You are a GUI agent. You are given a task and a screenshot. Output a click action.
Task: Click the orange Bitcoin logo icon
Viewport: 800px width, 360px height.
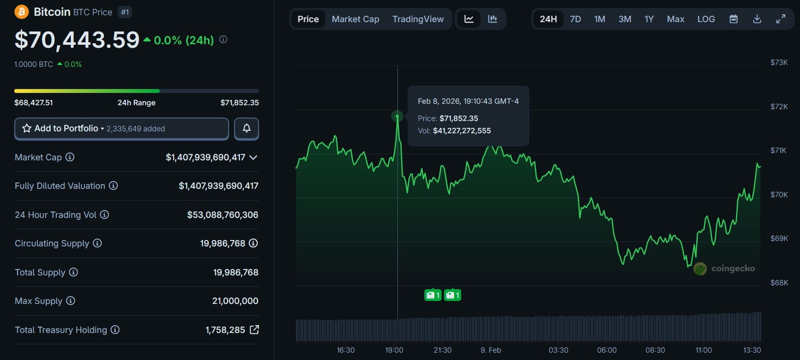pos(22,12)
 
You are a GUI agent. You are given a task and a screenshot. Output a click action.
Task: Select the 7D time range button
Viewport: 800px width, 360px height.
pos(575,19)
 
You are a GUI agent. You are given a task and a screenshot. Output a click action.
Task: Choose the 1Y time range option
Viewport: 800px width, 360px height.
pos(649,19)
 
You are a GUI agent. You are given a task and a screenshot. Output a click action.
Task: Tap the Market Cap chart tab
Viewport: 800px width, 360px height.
pos(356,19)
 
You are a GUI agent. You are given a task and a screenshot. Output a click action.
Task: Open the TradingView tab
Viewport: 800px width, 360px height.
pos(418,19)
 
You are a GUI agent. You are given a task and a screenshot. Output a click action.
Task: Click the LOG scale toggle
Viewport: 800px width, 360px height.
pos(706,19)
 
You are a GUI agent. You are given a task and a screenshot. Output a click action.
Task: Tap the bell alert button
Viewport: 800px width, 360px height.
pos(246,128)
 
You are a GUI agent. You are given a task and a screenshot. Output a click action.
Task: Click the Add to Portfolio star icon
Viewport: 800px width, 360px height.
pos(27,128)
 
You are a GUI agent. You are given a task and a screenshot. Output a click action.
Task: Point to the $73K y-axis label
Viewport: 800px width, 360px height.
pos(779,62)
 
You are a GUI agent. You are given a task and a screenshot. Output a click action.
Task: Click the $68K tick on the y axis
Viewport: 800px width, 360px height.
pos(779,283)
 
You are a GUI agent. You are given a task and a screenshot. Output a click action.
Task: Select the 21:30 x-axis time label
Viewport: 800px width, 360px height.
pos(443,350)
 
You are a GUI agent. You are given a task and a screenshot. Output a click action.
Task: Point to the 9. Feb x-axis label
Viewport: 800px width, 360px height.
pos(491,350)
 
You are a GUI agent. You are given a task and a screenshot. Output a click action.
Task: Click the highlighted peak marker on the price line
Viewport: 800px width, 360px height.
pos(397,117)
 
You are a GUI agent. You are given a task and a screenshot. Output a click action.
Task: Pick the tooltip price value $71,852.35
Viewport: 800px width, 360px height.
pos(459,119)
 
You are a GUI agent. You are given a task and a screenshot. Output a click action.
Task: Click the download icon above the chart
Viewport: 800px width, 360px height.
pos(757,19)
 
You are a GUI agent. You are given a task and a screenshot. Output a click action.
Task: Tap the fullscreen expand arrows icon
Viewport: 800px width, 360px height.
pos(781,19)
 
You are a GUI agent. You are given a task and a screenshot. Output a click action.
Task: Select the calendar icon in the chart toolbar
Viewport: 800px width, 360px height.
pos(733,19)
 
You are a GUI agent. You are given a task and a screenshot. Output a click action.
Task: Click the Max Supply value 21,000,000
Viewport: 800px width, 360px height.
pos(235,301)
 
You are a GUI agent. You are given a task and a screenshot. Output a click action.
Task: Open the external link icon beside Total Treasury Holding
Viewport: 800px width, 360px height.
pos(254,330)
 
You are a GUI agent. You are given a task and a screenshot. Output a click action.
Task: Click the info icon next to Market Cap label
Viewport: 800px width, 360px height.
pos(70,157)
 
